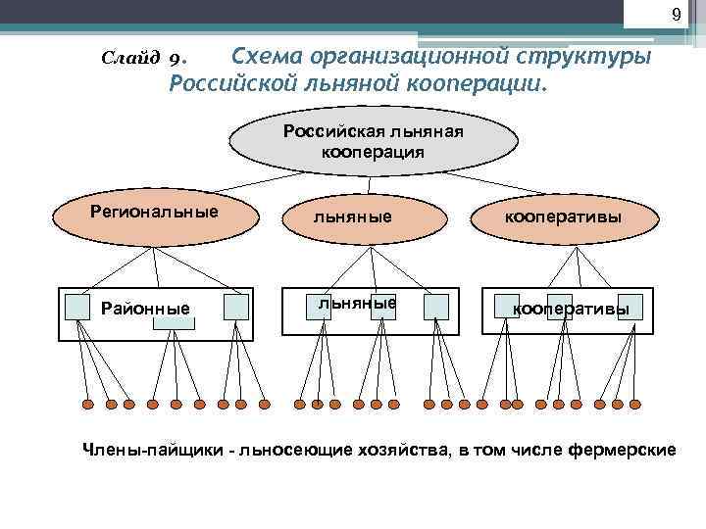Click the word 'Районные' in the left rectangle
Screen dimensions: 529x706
(146, 311)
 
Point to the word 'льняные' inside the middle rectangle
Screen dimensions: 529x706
(357, 304)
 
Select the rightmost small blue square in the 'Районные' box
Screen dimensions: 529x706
(236, 308)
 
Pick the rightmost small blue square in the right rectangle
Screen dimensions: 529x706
(630, 307)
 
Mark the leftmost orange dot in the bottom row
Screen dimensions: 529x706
(86, 404)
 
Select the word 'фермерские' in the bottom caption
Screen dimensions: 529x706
(627, 451)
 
